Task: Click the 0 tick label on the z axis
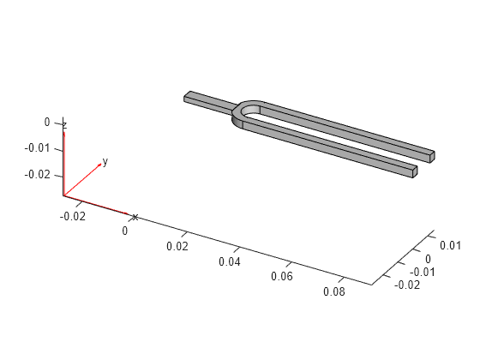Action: pos(47,122)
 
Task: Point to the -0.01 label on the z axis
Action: pos(37,148)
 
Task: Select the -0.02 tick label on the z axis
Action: pos(37,175)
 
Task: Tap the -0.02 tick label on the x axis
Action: pos(73,216)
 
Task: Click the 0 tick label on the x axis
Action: pos(124,231)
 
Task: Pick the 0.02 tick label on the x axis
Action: pos(177,246)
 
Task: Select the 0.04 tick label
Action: pos(230,261)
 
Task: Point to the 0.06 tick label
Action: pos(282,276)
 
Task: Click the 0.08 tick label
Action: pos(334,291)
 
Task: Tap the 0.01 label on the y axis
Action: pos(450,245)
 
